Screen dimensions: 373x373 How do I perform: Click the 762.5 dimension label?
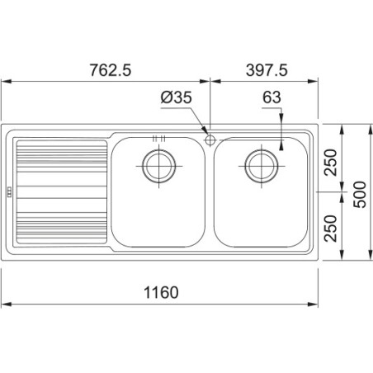click(111, 70)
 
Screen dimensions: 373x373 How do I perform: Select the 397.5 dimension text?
click(267, 70)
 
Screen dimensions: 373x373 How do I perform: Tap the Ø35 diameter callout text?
click(177, 97)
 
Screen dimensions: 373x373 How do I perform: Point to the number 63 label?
click(271, 97)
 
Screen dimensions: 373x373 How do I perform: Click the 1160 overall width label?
click(161, 292)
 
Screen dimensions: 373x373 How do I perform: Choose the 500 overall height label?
click(360, 194)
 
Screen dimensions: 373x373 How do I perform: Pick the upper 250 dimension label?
click(330, 163)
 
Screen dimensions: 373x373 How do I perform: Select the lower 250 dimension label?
click(330, 229)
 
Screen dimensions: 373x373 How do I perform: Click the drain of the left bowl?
click(159, 166)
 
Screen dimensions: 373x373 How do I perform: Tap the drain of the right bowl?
click(262, 166)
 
